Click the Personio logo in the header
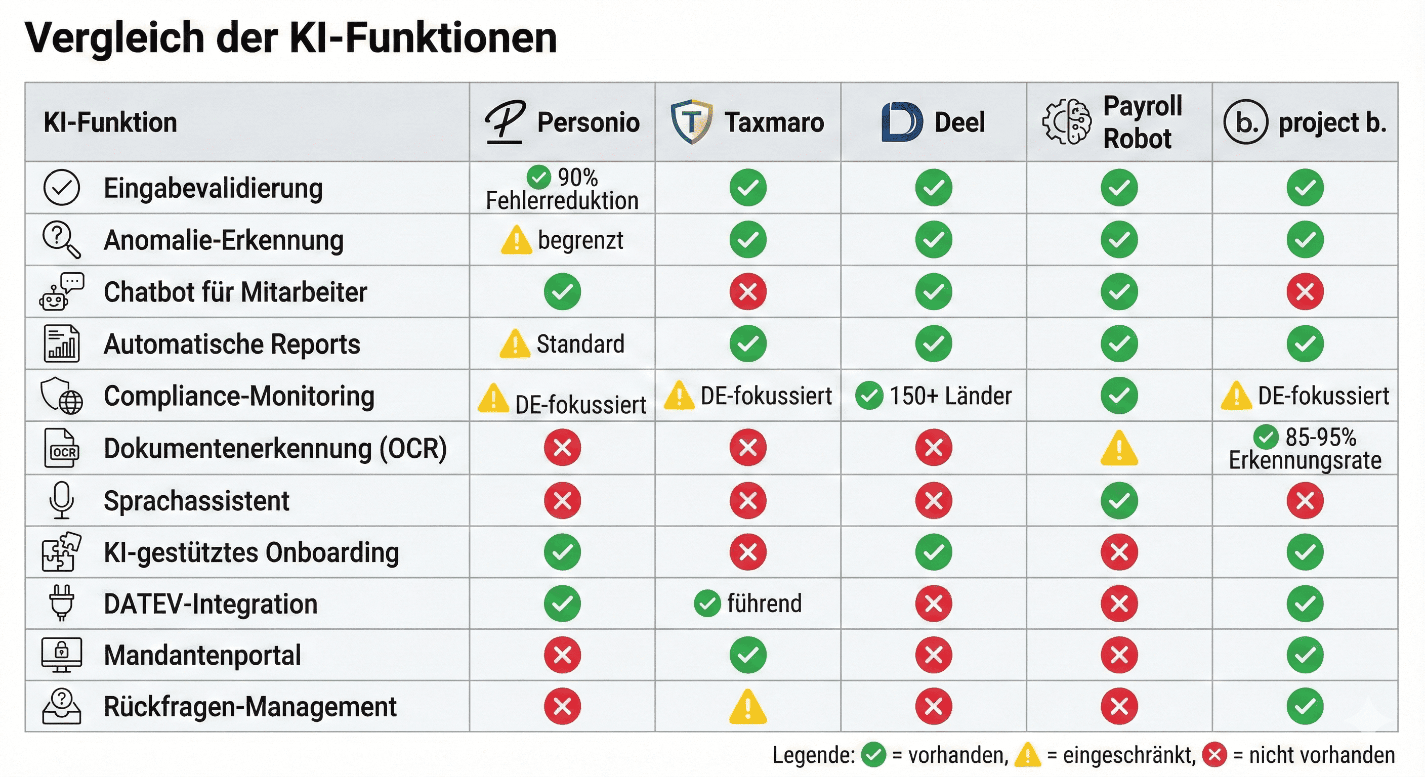click(x=505, y=122)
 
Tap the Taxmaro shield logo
click(x=691, y=122)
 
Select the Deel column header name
click(x=959, y=122)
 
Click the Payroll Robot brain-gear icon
click(x=1067, y=122)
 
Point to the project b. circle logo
click(x=1245, y=122)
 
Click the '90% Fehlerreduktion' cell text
click(x=562, y=189)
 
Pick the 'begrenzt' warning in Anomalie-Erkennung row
click(x=562, y=240)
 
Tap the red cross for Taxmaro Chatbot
click(x=748, y=291)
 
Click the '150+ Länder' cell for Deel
click(x=934, y=396)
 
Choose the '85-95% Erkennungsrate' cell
click(x=1305, y=448)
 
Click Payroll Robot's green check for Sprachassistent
click(x=1119, y=500)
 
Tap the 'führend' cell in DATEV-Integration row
click(x=748, y=603)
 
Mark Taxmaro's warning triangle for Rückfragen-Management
click(x=748, y=707)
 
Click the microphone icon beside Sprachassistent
click(x=61, y=500)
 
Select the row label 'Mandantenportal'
click(x=202, y=655)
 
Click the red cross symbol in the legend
click(x=1215, y=755)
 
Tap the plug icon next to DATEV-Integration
click(x=61, y=603)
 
